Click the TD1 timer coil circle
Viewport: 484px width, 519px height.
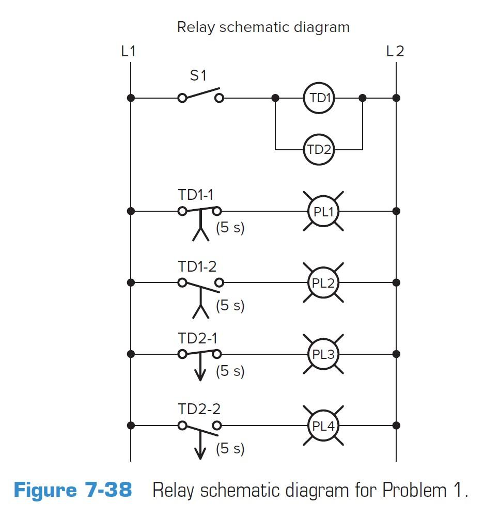[x=319, y=98]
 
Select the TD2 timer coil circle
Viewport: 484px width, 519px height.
[x=319, y=150]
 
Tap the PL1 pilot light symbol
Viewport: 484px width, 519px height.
[x=323, y=211]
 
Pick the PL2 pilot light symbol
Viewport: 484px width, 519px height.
[x=323, y=283]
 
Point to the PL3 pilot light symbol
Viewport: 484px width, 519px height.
[x=323, y=354]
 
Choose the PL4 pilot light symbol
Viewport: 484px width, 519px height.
[x=323, y=426]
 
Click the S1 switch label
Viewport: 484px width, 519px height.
[x=198, y=75]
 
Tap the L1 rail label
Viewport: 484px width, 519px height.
[x=129, y=51]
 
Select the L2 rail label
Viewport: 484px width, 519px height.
[x=395, y=51]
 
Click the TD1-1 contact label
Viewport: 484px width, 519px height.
[x=196, y=195]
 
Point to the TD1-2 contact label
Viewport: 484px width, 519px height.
[x=197, y=266]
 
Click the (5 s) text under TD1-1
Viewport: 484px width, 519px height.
[x=230, y=228]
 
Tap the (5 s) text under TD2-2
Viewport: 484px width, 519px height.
[x=230, y=448]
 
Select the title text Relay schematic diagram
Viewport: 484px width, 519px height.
[x=263, y=27]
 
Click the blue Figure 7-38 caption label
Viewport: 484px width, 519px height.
[x=73, y=490]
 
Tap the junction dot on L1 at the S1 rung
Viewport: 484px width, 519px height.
[x=131, y=98]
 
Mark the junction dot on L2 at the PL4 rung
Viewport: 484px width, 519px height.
[x=396, y=426]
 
